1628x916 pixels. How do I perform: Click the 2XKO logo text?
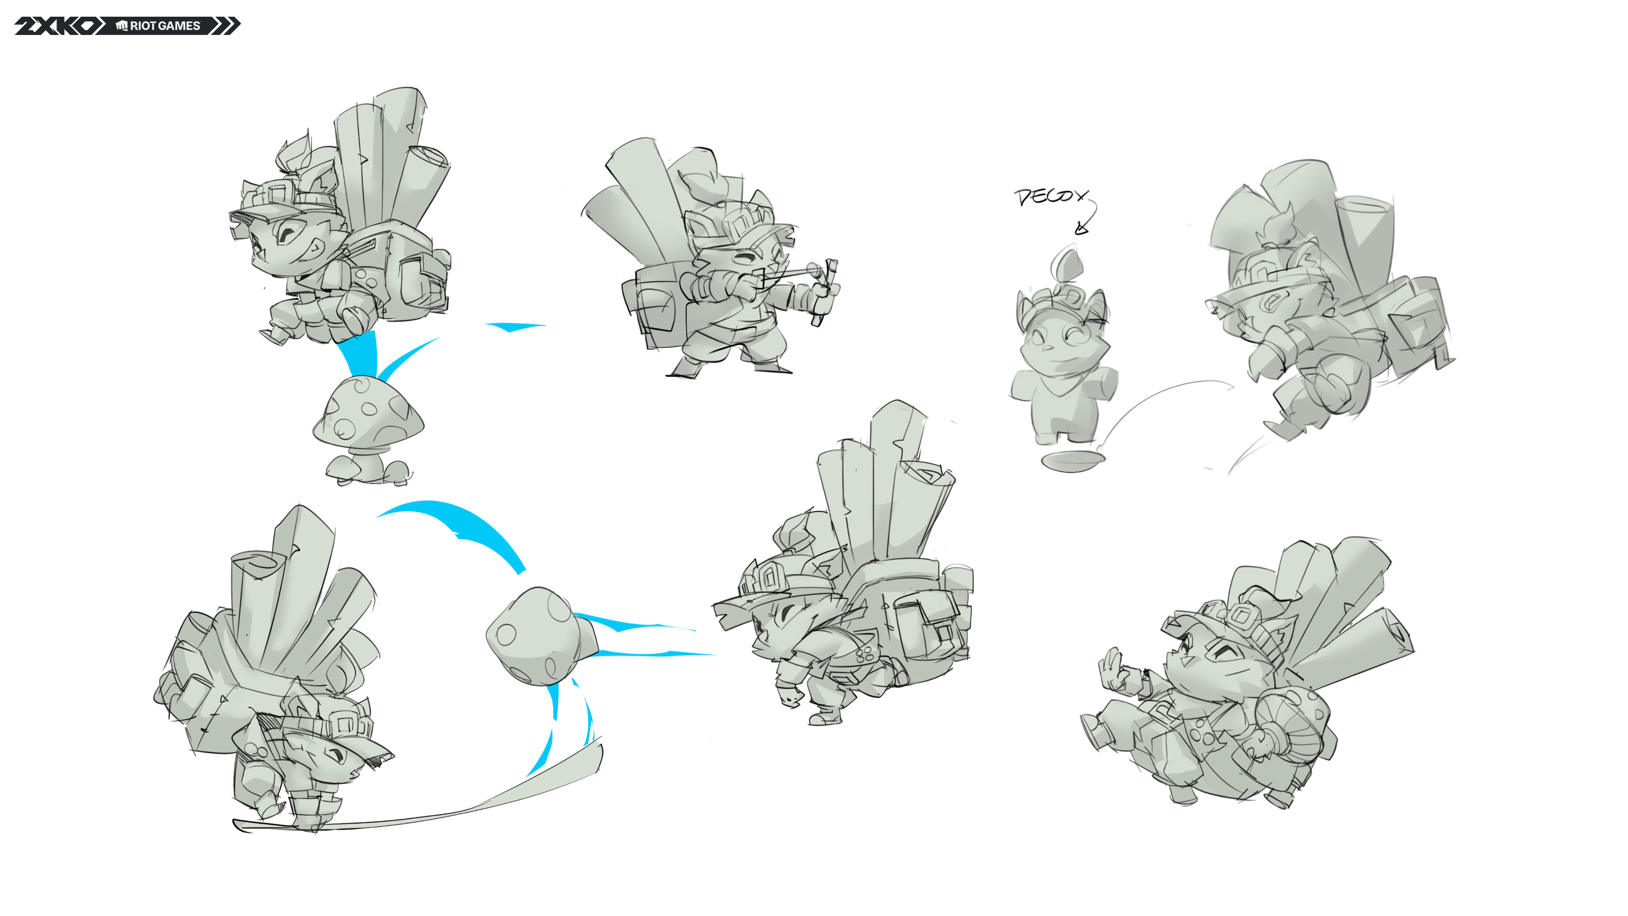tap(56, 26)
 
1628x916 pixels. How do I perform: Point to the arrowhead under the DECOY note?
tap(1081, 228)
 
